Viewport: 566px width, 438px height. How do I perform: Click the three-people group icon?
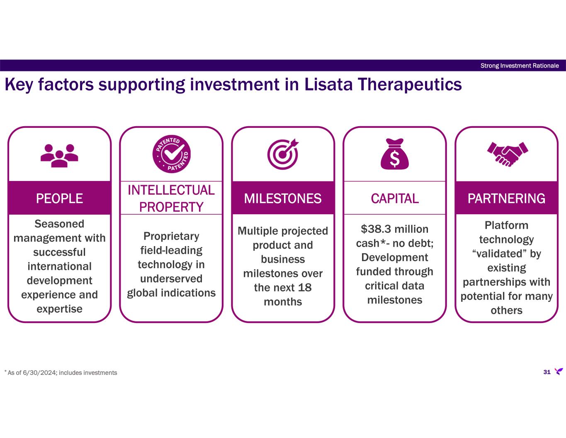59,156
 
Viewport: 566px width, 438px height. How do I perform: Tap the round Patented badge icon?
171,154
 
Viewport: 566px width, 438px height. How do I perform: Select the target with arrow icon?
283,154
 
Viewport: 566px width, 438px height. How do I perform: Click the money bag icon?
395,154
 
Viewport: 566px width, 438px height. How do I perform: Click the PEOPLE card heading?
59,198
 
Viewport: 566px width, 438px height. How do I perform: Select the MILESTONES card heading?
283,198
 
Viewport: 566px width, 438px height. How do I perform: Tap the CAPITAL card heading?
395,198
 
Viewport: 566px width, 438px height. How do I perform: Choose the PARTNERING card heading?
506,198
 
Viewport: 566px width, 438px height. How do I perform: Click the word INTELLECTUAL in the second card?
171,190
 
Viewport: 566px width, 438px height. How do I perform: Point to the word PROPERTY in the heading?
171,207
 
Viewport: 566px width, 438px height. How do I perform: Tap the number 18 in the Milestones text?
305,288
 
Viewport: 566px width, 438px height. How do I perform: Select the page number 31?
547,372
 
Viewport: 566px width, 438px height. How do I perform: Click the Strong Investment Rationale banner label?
520,66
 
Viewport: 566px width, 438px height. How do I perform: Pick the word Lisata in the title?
328,84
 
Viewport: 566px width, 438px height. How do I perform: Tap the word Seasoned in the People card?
59,224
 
